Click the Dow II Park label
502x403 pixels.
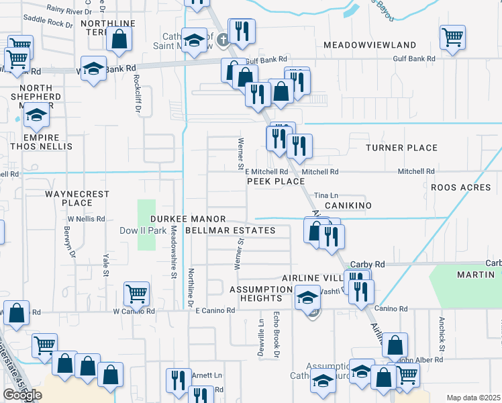(142, 230)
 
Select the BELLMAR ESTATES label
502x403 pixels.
(230, 230)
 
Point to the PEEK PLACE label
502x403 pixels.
(276, 181)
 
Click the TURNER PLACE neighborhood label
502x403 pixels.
(401, 148)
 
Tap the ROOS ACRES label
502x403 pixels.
(461, 187)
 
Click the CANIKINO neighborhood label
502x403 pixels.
(348, 204)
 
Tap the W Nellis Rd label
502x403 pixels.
(86, 219)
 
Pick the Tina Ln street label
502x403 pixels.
(325, 195)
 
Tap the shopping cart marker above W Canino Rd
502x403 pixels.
(136, 292)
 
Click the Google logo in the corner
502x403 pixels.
(23, 395)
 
